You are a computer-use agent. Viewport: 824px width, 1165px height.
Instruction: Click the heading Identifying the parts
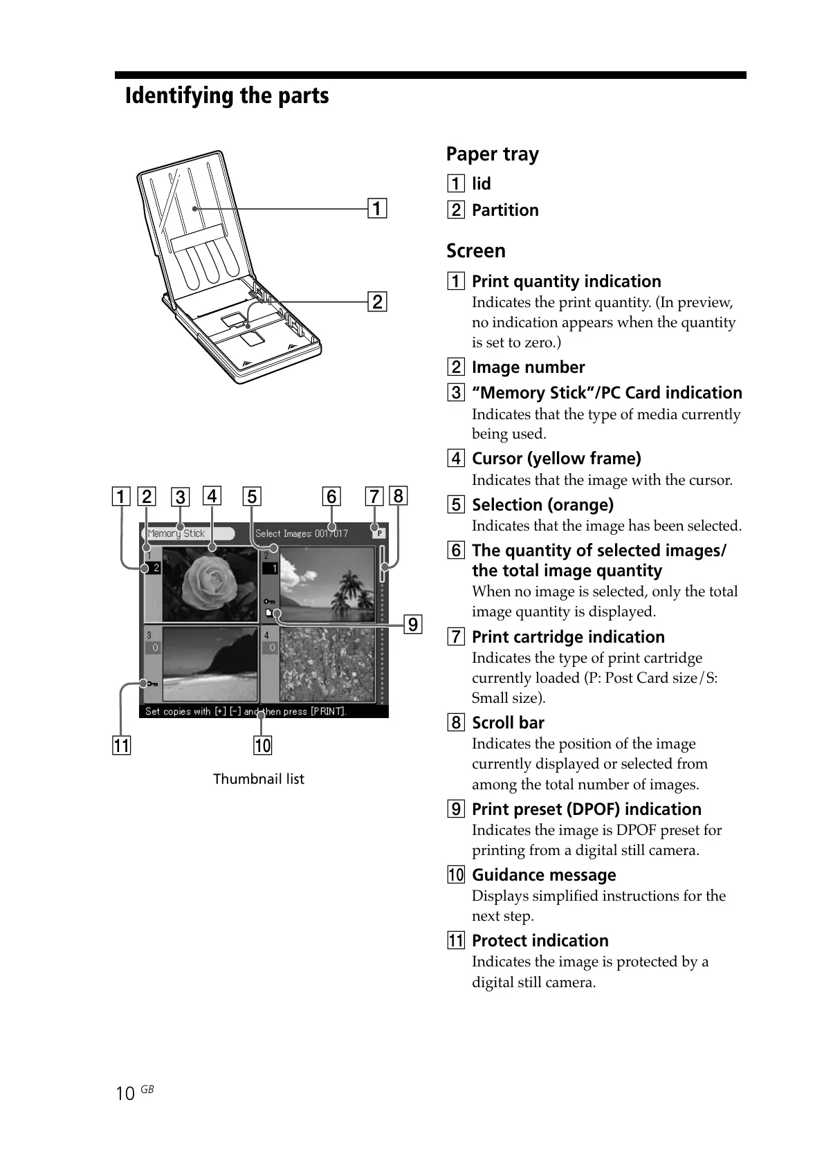point(226,95)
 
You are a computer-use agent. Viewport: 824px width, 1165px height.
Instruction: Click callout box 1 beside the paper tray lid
point(376,208)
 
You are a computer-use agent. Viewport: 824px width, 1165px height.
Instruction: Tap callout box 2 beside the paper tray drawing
point(377,302)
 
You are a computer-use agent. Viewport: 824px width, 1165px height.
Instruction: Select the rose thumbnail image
point(210,585)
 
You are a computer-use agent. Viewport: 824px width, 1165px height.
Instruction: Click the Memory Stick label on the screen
point(176,533)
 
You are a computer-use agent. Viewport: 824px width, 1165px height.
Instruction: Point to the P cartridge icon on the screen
point(378,533)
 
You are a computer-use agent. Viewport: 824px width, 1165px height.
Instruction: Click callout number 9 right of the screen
point(412,625)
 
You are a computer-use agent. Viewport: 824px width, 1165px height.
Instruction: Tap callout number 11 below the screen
point(121,745)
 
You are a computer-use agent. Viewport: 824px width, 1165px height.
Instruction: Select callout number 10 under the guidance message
point(263,745)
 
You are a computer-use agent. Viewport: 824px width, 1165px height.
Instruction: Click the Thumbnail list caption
point(258,779)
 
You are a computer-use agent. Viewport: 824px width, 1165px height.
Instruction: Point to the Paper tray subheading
point(492,154)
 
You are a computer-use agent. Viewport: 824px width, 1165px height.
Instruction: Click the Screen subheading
point(475,251)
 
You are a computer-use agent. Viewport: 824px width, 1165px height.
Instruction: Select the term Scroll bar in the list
point(508,723)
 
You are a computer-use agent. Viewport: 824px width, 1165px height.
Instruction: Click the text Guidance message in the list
point(544,875)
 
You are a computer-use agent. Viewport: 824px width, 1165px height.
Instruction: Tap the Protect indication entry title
point(540,941)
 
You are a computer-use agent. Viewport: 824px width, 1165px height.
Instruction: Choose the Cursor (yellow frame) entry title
point(556,459)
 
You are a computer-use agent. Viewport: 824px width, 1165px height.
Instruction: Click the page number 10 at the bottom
point(125,1094)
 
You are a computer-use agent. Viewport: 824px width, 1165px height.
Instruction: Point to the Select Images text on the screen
point(284,533)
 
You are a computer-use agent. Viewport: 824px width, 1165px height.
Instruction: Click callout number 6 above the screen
point(331,497)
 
